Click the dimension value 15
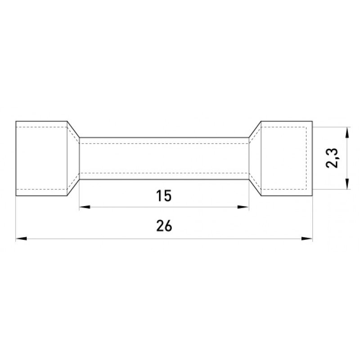[x=164, y=196]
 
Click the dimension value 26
[x=164, y=226]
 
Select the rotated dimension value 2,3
[x=332, y=158]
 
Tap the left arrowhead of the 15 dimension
[x=85, y=207]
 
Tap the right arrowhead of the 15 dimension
[x=243, y=207]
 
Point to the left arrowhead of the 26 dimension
[x=21, y=239]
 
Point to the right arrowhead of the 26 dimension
[x=307, y=239]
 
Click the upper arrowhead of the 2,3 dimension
[x=347, y=133]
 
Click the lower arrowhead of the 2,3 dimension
[x=347, y=184]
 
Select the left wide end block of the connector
[x=41, y=158]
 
